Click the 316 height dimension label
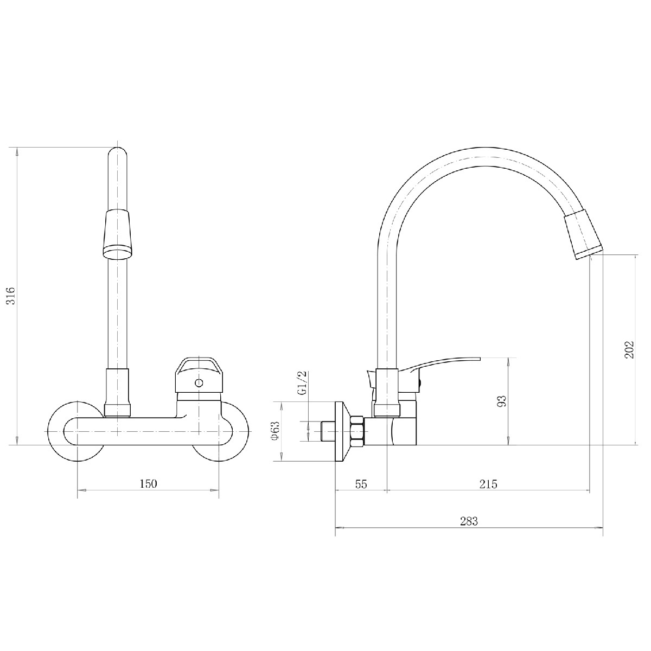[x=11, y=296]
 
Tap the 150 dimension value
[x=148, y=484]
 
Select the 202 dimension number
[x=629, y=350]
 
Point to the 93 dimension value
[x=502, y=401]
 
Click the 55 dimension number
[x=361, y=484]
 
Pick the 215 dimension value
[x=488, y=484]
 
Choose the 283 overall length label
[x=469, y=521]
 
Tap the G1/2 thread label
[x=303, y=382]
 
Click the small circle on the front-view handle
[x=199, y=383]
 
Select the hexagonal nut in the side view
[x=358, y=432]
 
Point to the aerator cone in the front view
[x=117, y=234]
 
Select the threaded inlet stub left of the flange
[x=326, y=431]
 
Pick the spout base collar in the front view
[x=117, y=392]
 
